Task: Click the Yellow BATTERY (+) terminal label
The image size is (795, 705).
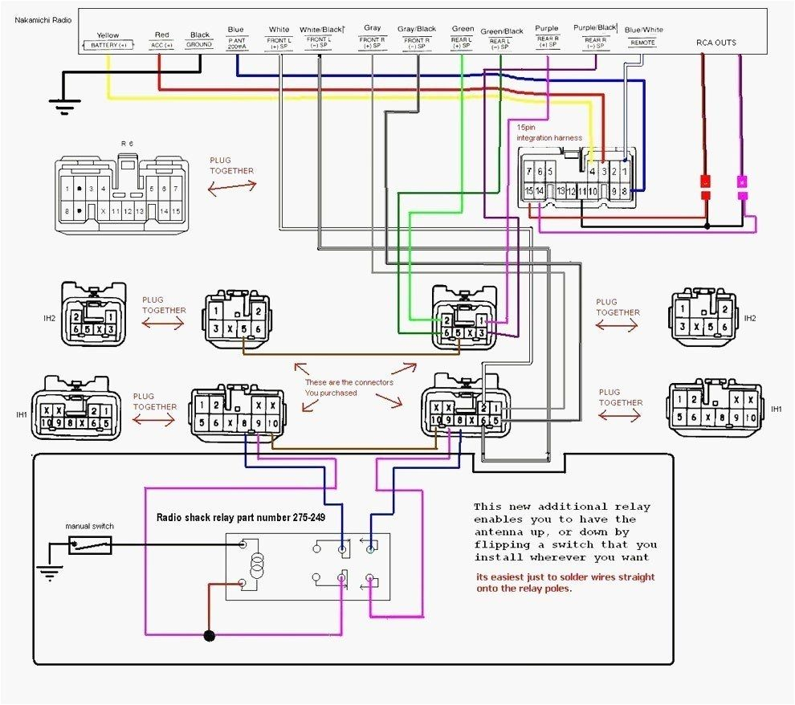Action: click(x=108, y=41)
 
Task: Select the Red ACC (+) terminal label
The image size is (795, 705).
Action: click(x=161, y=40)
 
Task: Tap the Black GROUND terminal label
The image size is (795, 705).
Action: click(x=200, y=40)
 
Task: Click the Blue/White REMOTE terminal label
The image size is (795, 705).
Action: click(x=643, y=35)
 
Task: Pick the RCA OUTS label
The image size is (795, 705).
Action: click(x=716, y=43)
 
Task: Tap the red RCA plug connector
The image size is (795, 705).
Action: click(x=706, y=181)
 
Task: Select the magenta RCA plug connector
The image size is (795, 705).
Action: click(x=742, y=181)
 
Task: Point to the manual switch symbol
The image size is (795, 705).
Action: click(x=90, y=546)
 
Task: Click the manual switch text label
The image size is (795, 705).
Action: click(x=89, y=526)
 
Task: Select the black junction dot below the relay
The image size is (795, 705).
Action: click(x=210, y=636)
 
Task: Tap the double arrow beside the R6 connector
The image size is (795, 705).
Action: click(x=232, y=186)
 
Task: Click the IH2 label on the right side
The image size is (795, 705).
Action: click(x=749, y=319)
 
